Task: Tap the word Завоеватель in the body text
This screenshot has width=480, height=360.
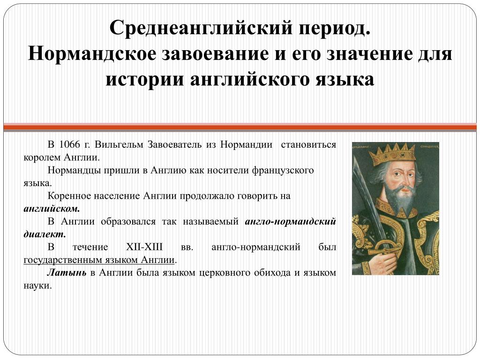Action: (174, 144)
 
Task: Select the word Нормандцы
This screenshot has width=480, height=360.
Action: (74, 170)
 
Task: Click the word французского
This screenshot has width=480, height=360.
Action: (283, 170)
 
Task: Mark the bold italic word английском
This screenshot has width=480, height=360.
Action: (52, 209)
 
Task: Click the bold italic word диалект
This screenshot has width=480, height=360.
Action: (45, 234)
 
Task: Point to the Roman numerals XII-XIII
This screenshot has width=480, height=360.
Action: (144, 247)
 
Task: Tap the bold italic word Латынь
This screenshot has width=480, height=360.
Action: (67, 272)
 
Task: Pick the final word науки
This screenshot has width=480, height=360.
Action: (37, 286)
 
